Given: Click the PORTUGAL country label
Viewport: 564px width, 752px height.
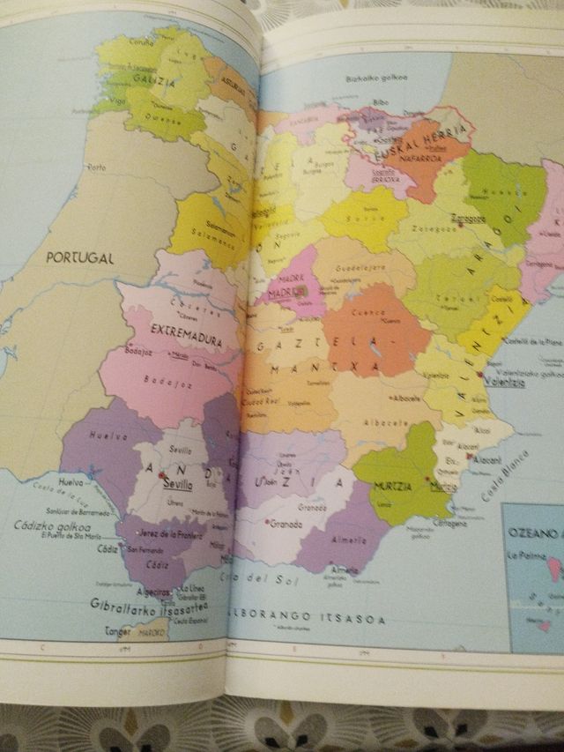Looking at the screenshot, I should click(81, 257).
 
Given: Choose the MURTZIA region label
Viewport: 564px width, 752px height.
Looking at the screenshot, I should click(397, 487).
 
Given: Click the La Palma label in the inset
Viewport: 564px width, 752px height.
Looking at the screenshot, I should click(522, 556).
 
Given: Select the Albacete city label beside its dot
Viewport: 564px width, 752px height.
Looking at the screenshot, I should click(406, 398).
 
